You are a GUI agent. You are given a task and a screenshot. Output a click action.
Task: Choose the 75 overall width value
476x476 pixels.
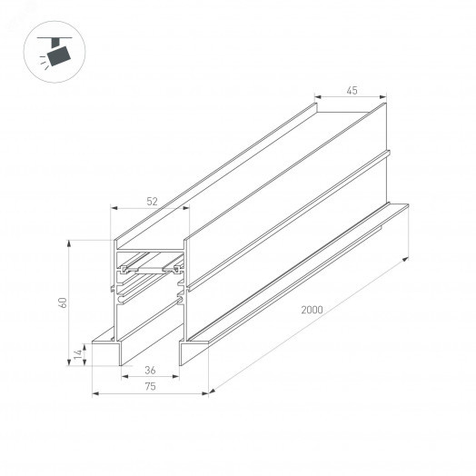click(x=150, y=387)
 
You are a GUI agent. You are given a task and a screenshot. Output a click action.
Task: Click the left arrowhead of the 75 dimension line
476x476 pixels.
click(x=95, y=393)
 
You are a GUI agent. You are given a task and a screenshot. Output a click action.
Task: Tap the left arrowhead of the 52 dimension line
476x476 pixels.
click(x=114, y=208)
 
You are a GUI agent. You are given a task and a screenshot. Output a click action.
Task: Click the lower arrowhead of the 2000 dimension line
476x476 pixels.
click(x=212, y=392)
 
